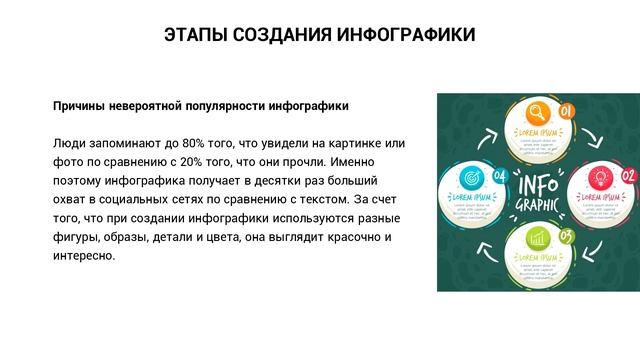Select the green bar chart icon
(536, 240)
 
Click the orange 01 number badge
(565, 111)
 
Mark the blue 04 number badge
(499, 178)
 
